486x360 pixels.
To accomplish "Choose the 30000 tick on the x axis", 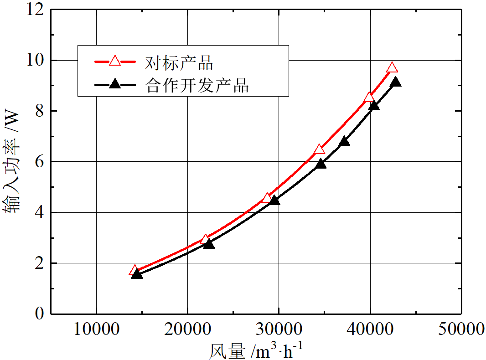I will tap(279, 329).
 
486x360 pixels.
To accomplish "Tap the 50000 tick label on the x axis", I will tap(461, 329).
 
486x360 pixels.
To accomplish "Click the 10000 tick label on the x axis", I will tap(96, 329).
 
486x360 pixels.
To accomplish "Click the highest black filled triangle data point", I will tap(396, 82).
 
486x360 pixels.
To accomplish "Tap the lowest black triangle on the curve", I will tap(137, 274).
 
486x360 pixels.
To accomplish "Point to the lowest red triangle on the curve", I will tap(134, 270).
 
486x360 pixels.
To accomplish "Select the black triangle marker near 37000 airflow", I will tap(345, 141).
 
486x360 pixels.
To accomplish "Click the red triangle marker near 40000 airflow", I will tap(369, 97).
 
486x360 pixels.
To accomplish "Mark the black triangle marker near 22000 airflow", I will tap(209, 244).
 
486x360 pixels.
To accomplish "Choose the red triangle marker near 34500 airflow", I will tap(319, 149).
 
